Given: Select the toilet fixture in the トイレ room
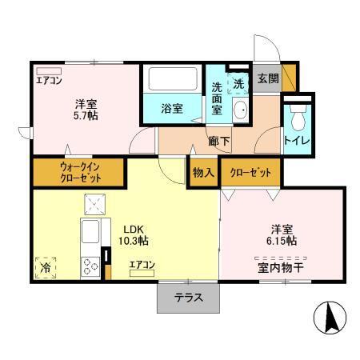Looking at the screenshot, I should [298, 121].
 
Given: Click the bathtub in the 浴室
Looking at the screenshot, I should [173, 80].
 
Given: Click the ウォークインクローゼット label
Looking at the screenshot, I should [78, 171].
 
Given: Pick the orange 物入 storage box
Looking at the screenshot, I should [203, 171].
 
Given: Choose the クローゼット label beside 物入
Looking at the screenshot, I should [250, 172].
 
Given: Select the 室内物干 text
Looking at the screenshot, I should [279, 266].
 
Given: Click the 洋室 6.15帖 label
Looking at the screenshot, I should [282, 234].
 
